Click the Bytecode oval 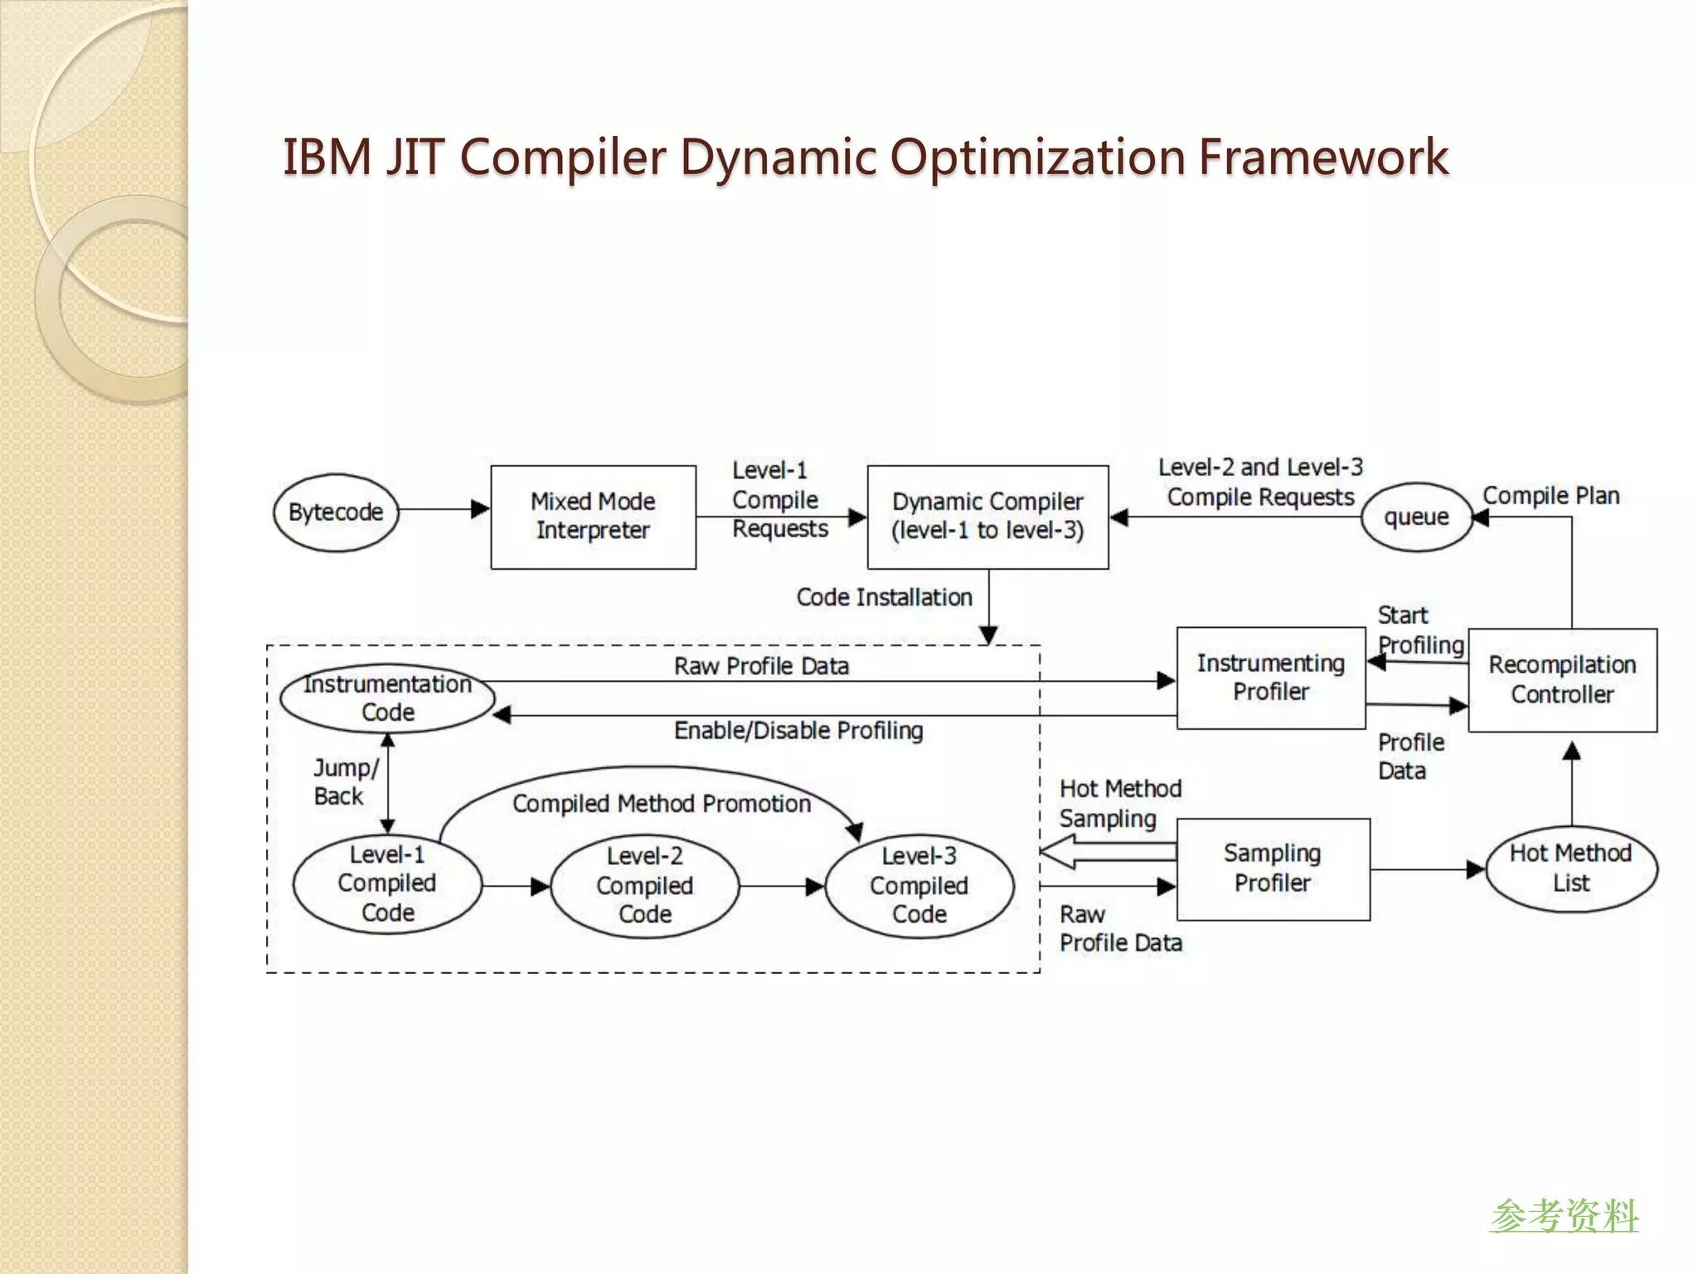[335, 513]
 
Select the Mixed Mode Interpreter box [593, 517]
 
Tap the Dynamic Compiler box [987, 517]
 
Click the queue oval [1416, 518]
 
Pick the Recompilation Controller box [1562, 680]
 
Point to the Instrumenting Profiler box [1270, 678]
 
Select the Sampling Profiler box [1273, 868]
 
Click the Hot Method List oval [1570, 868]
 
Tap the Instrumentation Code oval [387, 698]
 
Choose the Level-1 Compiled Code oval [387, 884]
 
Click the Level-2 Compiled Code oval [644, 886]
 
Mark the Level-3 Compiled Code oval [919, 886]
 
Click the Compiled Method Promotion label [661, 804]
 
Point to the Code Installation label [884, 597]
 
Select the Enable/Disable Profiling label [798, 731]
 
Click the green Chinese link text [1564, 1216]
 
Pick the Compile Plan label [1550, 496]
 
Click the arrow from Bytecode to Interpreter [444, 509]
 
